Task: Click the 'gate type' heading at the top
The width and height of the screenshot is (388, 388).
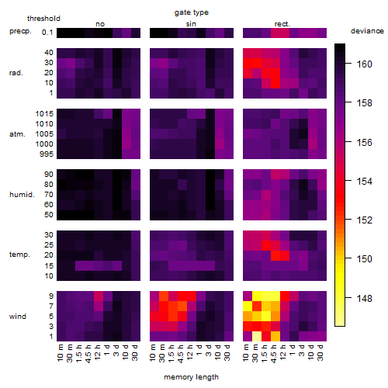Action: pyautogui.click(x=192, y=12)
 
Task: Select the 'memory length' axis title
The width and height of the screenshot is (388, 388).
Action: pyautogui.click(x=191, y=377)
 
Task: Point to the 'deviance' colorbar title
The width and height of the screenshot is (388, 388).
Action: pyautogui.click(x=367, y=31)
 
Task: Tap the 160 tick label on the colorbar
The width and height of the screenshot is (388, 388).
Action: pyautogui.click(x=364, y=64)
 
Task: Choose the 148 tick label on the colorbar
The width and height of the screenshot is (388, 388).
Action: pyautogui.click(x=364, y=298)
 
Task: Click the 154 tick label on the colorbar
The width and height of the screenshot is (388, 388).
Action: pyautogui.click(x=364, y=181)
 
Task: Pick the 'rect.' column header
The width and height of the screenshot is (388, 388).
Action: pyautogui.click(x=282, y=24)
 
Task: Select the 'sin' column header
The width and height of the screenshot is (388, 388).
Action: pyautogui.click(x=191, y=24)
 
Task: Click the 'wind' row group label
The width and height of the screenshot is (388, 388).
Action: pyautogui.click(x=18, y=317)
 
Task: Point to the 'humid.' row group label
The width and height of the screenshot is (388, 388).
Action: pyautogui.click(x=22, y=195)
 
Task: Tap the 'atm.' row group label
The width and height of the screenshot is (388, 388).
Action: pyautogui.click(x=17, y=134)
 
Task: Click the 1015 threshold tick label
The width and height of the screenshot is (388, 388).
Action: pyautogui.click(x=44, y=114)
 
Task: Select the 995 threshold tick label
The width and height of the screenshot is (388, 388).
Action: pyautogui.click(x=47, y=154)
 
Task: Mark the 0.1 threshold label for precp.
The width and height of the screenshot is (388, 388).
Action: pyautogui.click(x=47, y=33)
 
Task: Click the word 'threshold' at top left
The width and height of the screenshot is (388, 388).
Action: pyautogui.click(x=43, y=19)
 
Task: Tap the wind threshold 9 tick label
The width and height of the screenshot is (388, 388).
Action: pyautogui.click(x=51, y=296)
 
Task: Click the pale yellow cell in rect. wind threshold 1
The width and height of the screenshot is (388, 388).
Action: pyautogui.click(x=257, y=337)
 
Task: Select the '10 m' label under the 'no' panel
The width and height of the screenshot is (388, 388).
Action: pyautogui.click(x=61, y=353)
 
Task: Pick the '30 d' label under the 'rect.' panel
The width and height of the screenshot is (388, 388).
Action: pyautogui.click(x=320, y=353)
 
